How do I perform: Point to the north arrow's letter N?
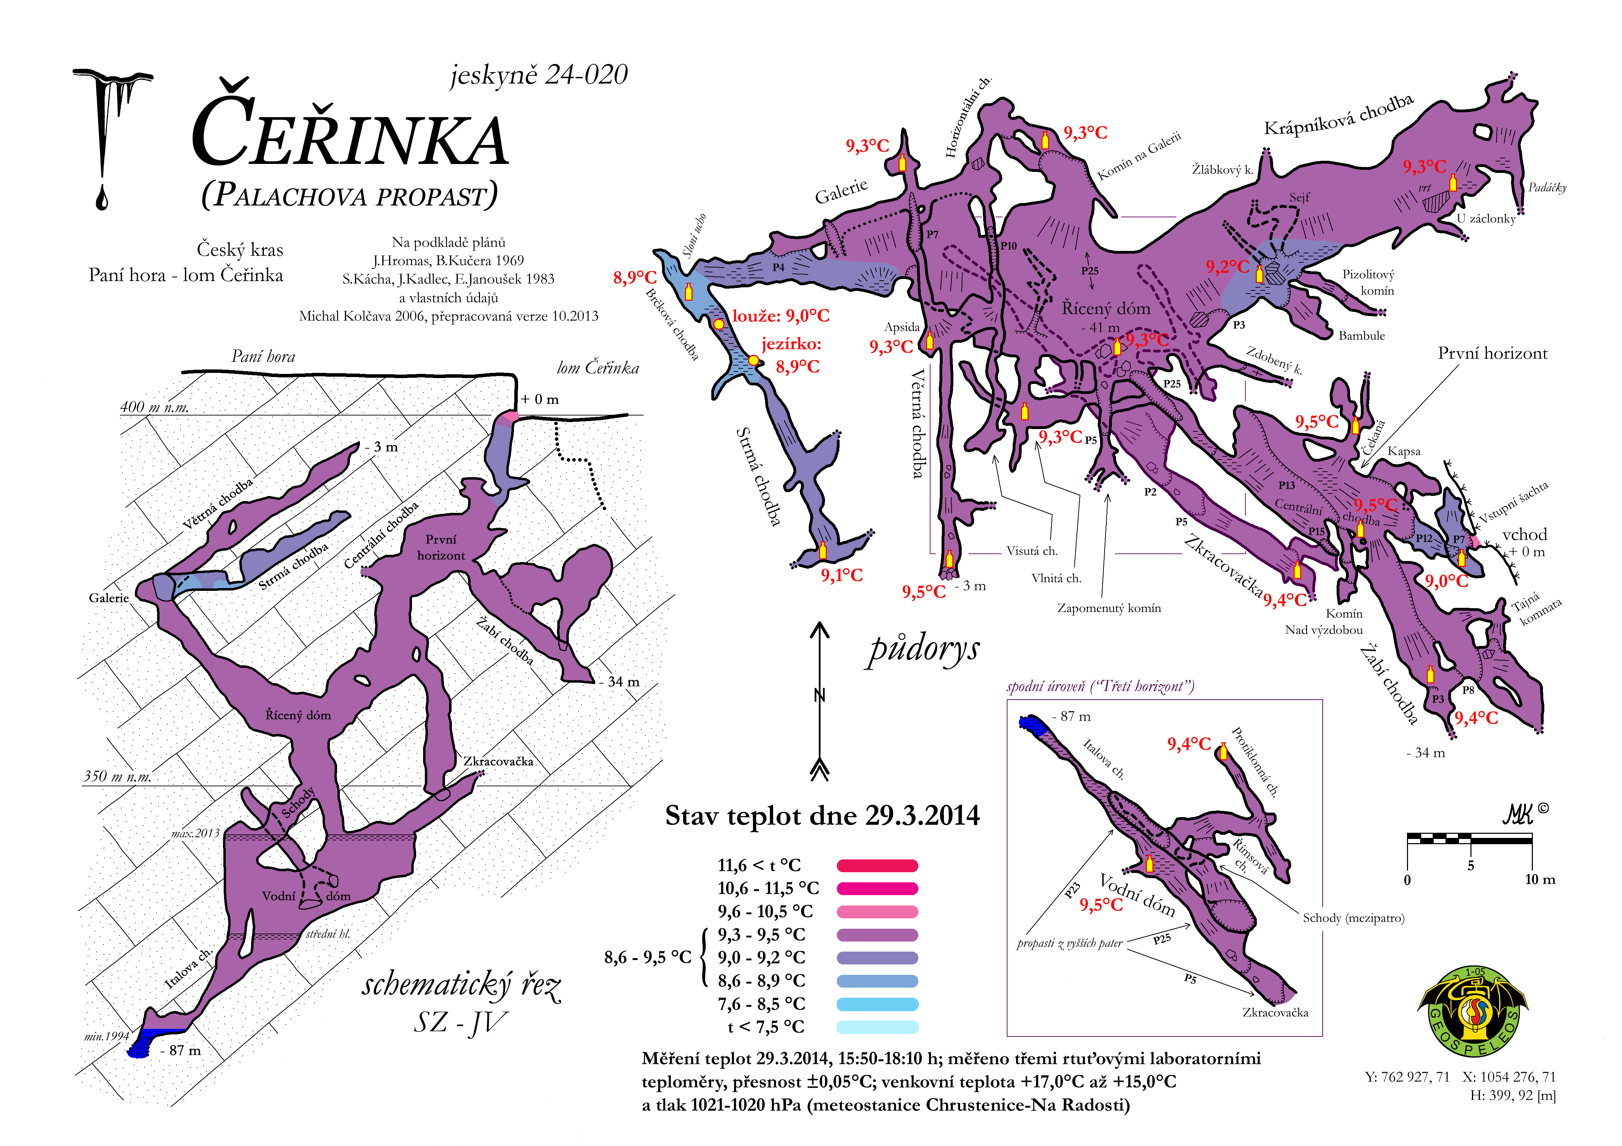point(819,696)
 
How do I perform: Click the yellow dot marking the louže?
point(719,324)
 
